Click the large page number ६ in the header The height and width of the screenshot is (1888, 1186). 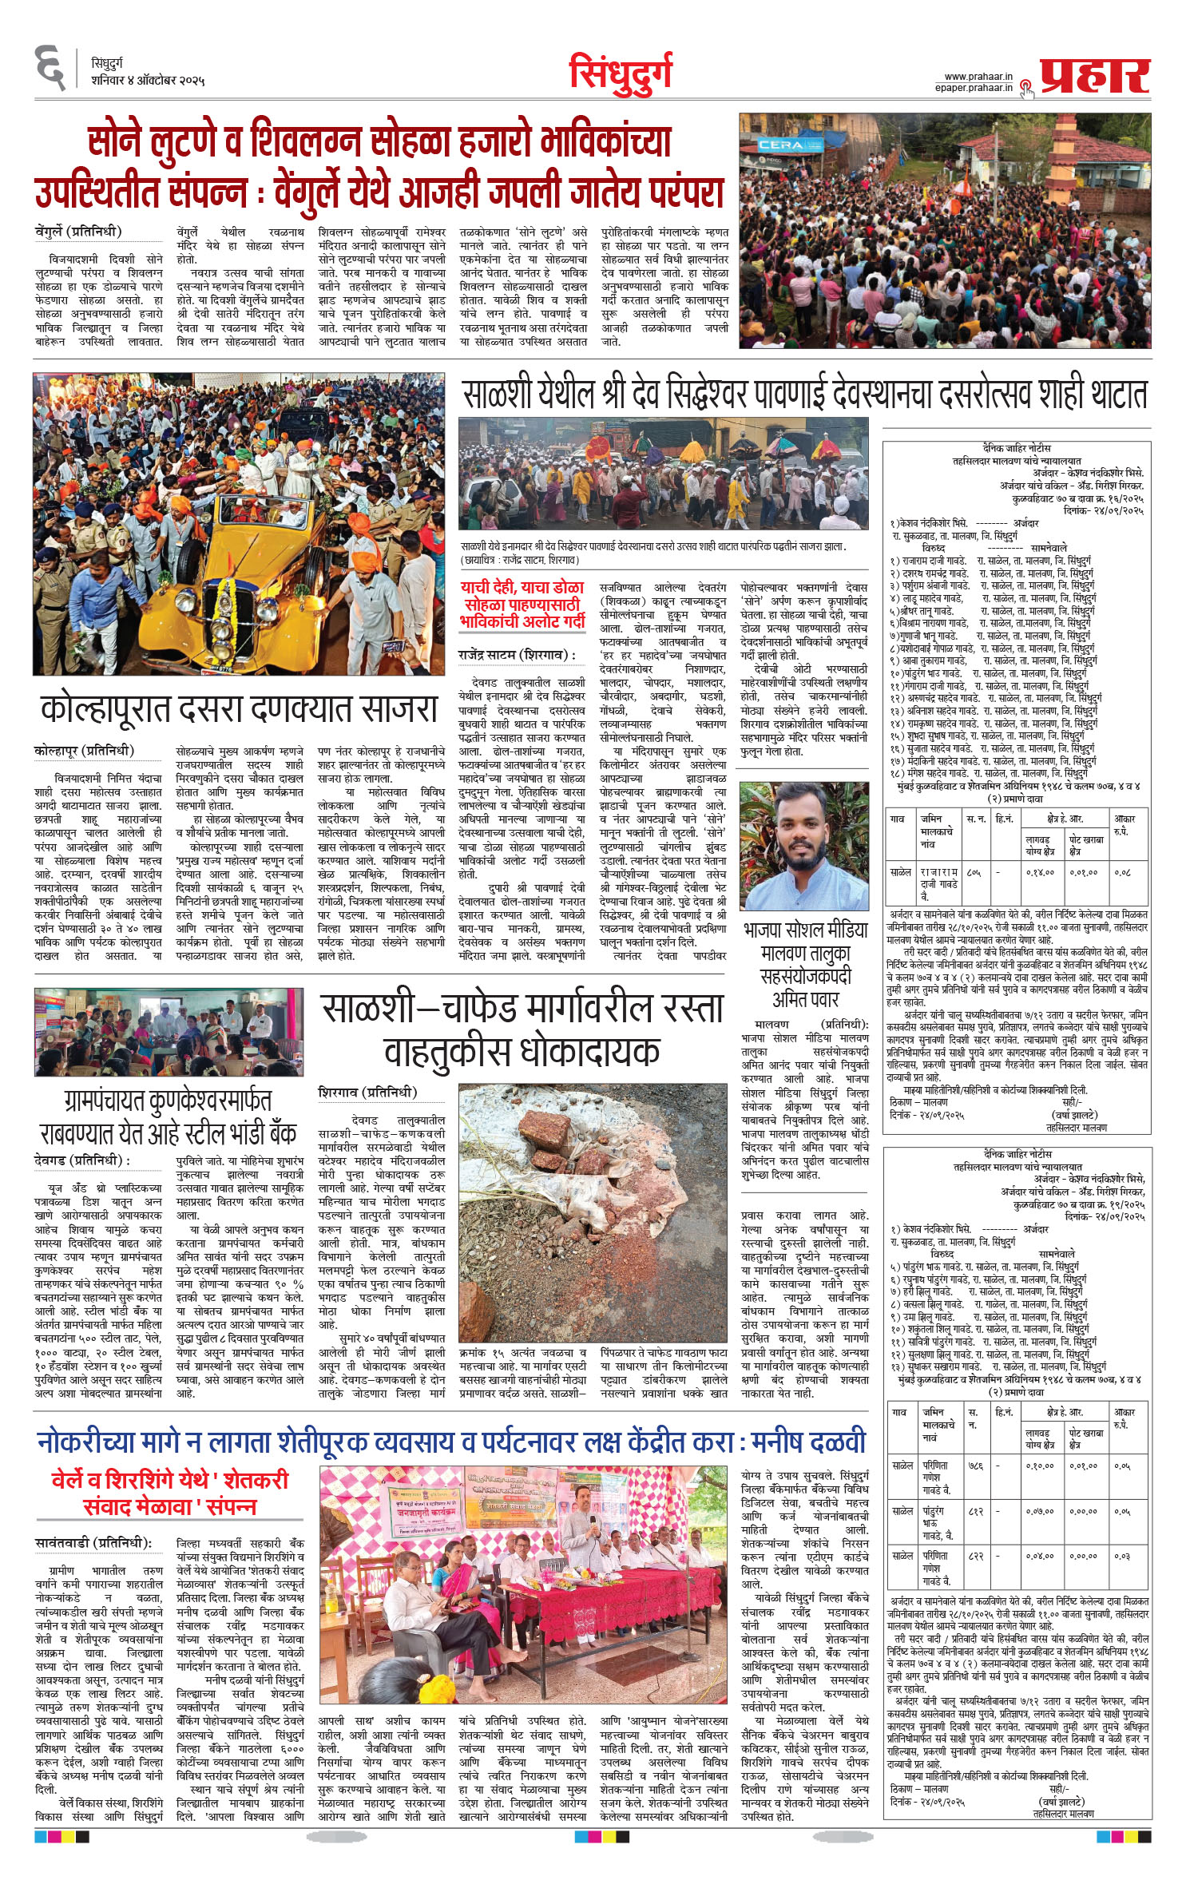51,69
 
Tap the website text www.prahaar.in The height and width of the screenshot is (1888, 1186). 978,77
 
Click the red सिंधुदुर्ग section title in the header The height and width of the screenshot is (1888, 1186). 621,73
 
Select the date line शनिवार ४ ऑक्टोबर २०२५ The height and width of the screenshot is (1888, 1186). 148,81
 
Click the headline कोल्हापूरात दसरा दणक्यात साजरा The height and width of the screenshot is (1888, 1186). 240,708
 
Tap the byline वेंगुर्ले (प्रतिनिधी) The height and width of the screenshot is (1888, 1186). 78,232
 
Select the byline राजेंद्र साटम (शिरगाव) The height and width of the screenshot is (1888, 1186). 517,655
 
